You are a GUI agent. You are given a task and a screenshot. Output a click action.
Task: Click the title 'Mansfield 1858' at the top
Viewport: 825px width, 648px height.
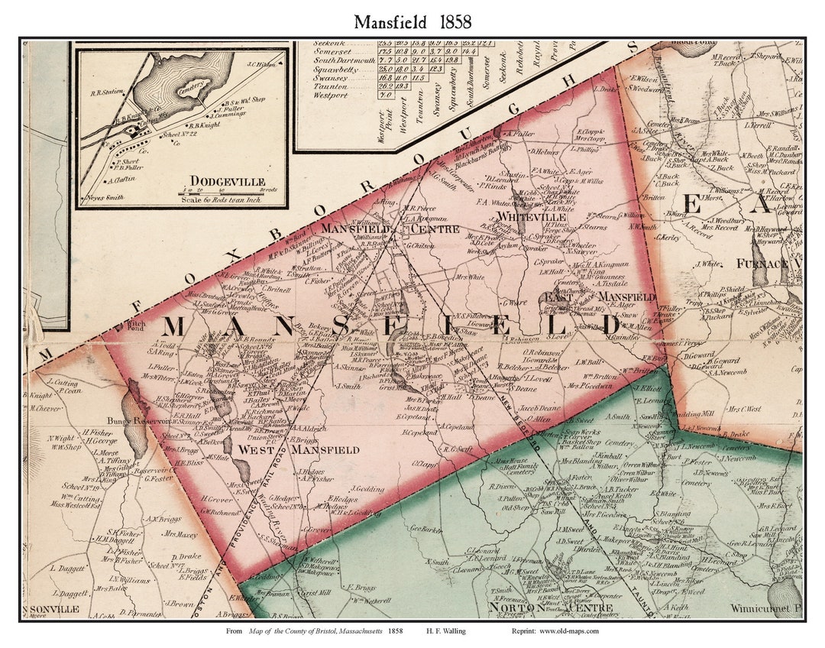pos(412,21)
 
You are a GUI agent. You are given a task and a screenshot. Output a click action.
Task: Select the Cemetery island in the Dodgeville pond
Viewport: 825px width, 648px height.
pos(192,87)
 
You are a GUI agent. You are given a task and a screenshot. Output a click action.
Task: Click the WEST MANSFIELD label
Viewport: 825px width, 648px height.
pos(299,450)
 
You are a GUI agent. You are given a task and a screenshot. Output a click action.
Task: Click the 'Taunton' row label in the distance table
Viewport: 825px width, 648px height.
pos(330,86)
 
